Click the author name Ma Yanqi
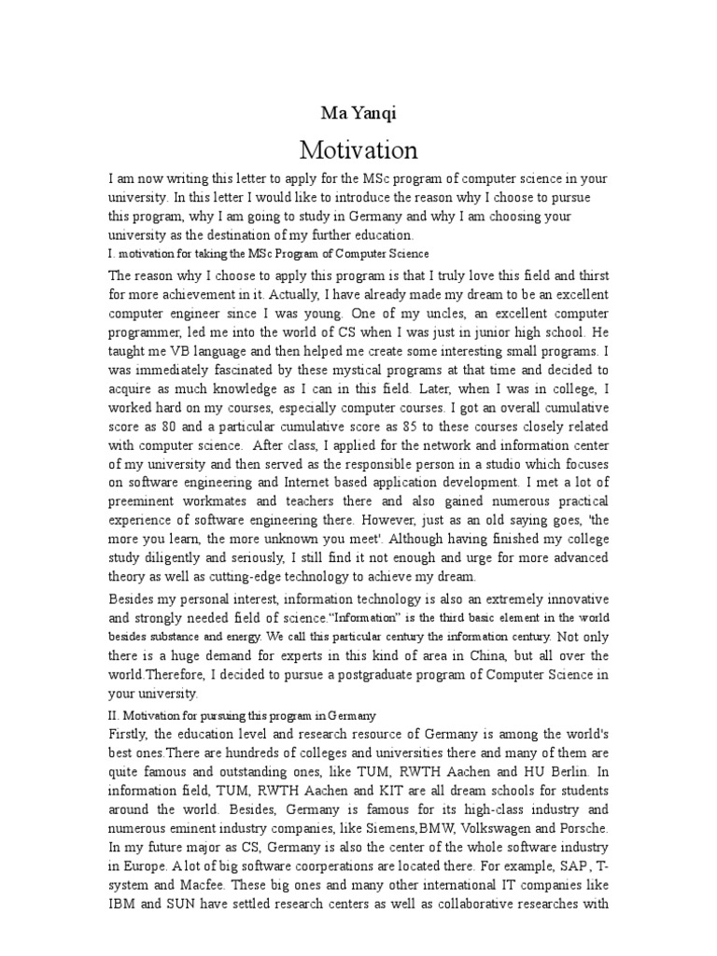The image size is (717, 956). pos(358,114)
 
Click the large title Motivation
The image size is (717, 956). pos(358,149)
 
